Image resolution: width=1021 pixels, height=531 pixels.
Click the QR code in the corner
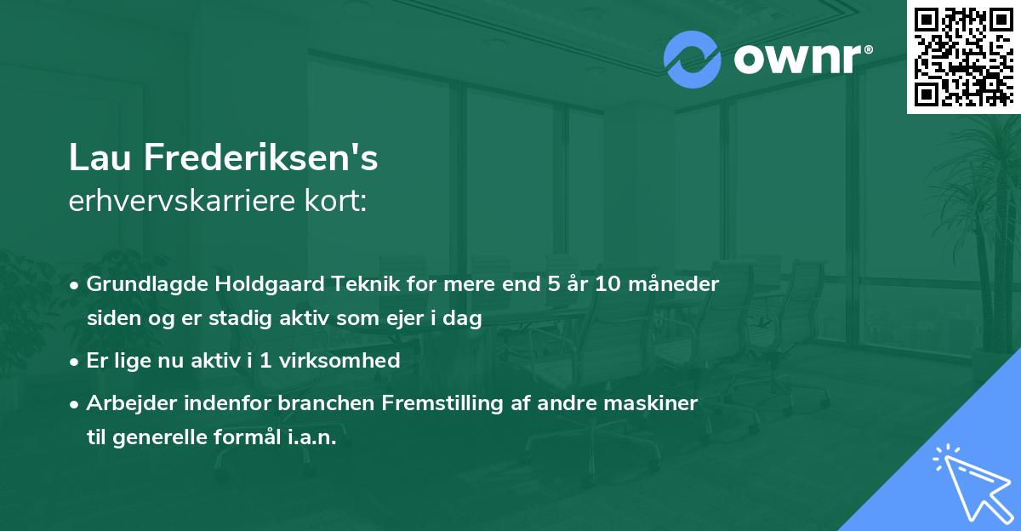pyautogui.click(x=963, y=56)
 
